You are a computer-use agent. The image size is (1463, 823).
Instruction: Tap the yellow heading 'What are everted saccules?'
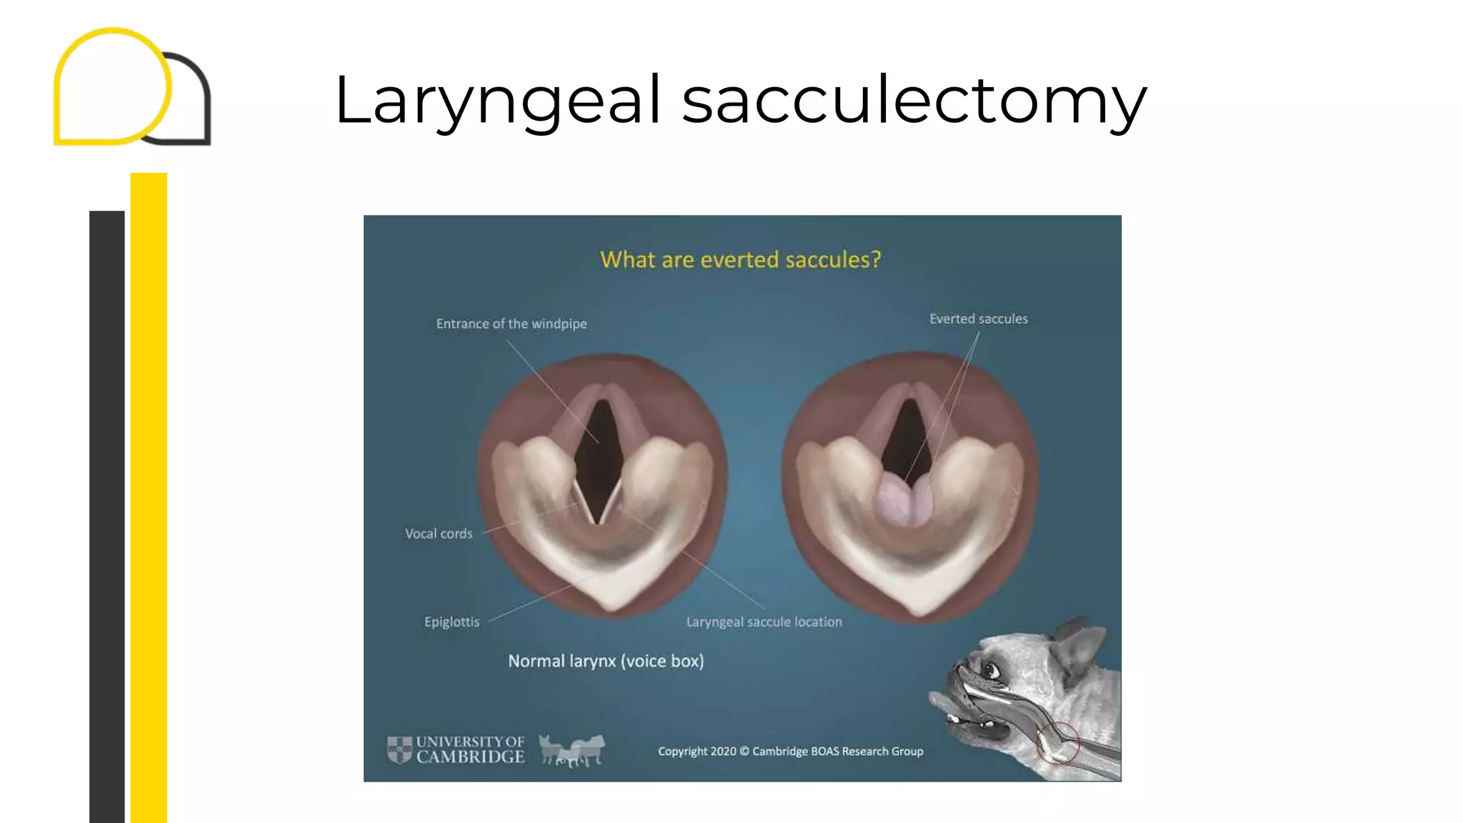click(740, 259)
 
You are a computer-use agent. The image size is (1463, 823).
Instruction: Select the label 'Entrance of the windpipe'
click(511, 324)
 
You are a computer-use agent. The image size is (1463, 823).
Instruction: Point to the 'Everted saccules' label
click(978, 319)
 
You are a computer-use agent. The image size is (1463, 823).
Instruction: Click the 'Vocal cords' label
click(439, 534)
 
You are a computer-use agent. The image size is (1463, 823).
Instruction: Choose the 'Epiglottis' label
click(451, 622)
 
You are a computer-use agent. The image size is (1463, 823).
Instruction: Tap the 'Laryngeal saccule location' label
click(764, 622)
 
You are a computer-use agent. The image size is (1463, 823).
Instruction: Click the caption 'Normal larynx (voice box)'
click(606, 661)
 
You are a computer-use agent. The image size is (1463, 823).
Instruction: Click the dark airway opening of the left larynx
click(599, 457)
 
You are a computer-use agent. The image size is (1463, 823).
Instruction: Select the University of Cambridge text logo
click(470, 750)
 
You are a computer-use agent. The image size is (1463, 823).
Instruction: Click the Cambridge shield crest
click(399, 750)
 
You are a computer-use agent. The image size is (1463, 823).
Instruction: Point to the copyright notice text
click(790, 751)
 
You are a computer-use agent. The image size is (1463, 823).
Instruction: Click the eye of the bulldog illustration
click(989, 670)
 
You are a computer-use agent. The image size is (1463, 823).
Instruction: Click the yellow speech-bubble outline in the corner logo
click(112, 86)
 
